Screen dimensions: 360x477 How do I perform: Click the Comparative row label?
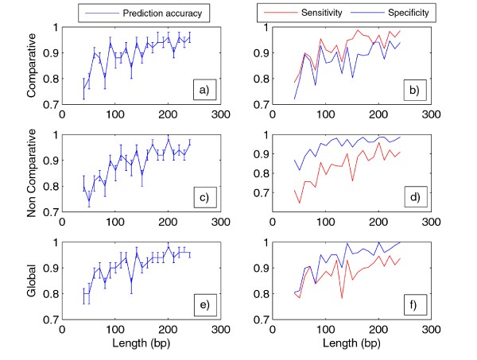click(x=32, y=65)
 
